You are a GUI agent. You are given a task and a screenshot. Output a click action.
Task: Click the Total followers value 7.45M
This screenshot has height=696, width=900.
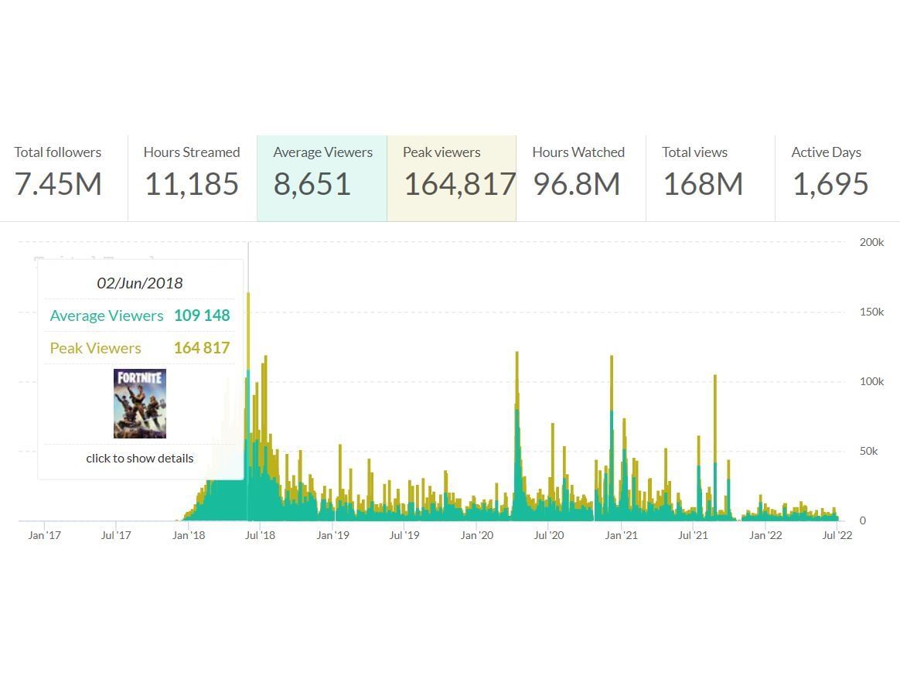[x=58, y=184]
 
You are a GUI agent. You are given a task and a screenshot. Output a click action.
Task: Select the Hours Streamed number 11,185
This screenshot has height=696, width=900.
[x=191, y=184]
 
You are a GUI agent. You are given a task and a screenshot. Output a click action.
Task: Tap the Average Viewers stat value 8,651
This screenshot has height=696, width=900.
[x=312, y=184]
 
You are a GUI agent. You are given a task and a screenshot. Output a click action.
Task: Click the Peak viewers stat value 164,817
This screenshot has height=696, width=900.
[x=459, y=184]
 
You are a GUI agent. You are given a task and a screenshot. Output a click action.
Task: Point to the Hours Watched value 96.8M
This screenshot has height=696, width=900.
[x=576, y=184]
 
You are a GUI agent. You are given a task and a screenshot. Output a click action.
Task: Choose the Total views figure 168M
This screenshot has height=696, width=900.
[x=702, y=184]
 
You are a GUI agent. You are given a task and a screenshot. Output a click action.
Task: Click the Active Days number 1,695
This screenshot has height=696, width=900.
[x=830, y=184]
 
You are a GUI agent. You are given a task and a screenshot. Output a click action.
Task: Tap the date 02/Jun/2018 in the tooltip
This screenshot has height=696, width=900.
[x=140, y=283]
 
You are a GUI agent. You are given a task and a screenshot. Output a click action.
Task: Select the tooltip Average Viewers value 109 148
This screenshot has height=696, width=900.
[x=202, y=316]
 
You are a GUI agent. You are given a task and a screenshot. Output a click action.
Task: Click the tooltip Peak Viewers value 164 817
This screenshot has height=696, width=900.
[x=202, y=348]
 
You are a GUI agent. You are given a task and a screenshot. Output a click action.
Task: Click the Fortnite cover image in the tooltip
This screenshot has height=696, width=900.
[x=140, y=404]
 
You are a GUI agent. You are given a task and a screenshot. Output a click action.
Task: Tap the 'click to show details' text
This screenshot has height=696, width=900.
[x=140, y=458]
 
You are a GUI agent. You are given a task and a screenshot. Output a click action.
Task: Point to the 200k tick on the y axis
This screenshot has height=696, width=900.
[x=871, y=242]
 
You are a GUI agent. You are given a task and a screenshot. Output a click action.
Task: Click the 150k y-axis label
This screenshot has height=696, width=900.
[x=871, y=312]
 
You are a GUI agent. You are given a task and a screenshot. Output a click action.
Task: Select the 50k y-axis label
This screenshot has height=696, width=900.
[x=869, y=451]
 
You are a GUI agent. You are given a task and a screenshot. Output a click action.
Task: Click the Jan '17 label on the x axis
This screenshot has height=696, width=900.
[x=44, y=535]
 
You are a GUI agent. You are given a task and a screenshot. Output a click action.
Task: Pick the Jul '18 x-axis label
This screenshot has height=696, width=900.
[x=261, y=535]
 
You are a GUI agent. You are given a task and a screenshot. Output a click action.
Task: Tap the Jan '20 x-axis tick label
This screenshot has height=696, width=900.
[x=477, y=535]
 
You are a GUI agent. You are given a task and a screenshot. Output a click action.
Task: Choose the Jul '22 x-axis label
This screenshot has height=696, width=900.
[x=837, y=535]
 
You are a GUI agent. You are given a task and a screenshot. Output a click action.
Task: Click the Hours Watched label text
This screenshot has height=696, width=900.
[x=578, y=152]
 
